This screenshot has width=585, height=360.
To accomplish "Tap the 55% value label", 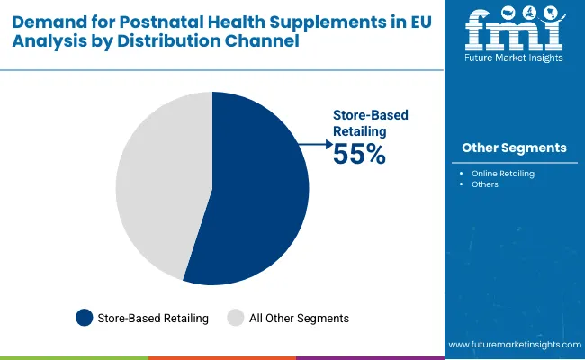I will click(359, 155).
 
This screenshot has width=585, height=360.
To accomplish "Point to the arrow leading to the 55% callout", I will click(314, 143).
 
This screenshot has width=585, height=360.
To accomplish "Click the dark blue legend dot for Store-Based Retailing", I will click(85, 317).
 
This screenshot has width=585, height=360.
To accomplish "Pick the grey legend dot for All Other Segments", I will click(236, 317).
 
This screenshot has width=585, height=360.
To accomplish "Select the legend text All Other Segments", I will click(300, 318).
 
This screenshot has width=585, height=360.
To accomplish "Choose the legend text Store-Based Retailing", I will click(154, 318).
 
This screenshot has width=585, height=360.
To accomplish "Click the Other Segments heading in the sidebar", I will click(514, 148).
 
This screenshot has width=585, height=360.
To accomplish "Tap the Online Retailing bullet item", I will click(502, 173).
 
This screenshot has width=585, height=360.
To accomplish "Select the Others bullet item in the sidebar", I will click(484, 184).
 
